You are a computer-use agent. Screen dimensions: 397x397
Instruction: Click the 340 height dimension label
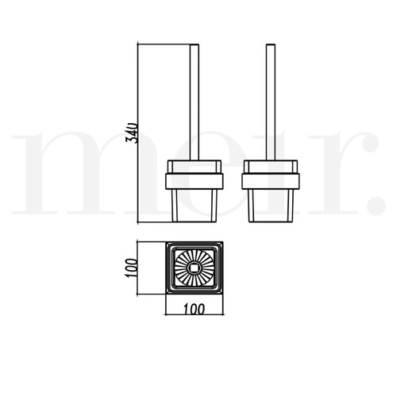pos(132,133)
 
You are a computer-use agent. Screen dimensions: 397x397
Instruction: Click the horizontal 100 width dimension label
pos(195,309)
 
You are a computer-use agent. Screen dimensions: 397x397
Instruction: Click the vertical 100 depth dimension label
pos(131,268)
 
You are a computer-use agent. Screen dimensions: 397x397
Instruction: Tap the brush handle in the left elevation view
pos(195,102)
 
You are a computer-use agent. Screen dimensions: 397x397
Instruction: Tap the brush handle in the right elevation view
pos(271,102)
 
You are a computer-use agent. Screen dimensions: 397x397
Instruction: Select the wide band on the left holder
pos(195,181)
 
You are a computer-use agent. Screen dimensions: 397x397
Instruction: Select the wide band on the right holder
pos(271,181)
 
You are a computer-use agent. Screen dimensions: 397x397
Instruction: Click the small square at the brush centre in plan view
pos(195,268)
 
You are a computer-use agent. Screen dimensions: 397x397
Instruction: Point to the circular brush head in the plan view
pos(195,268)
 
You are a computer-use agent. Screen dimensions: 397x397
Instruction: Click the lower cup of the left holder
pos(195,206)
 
